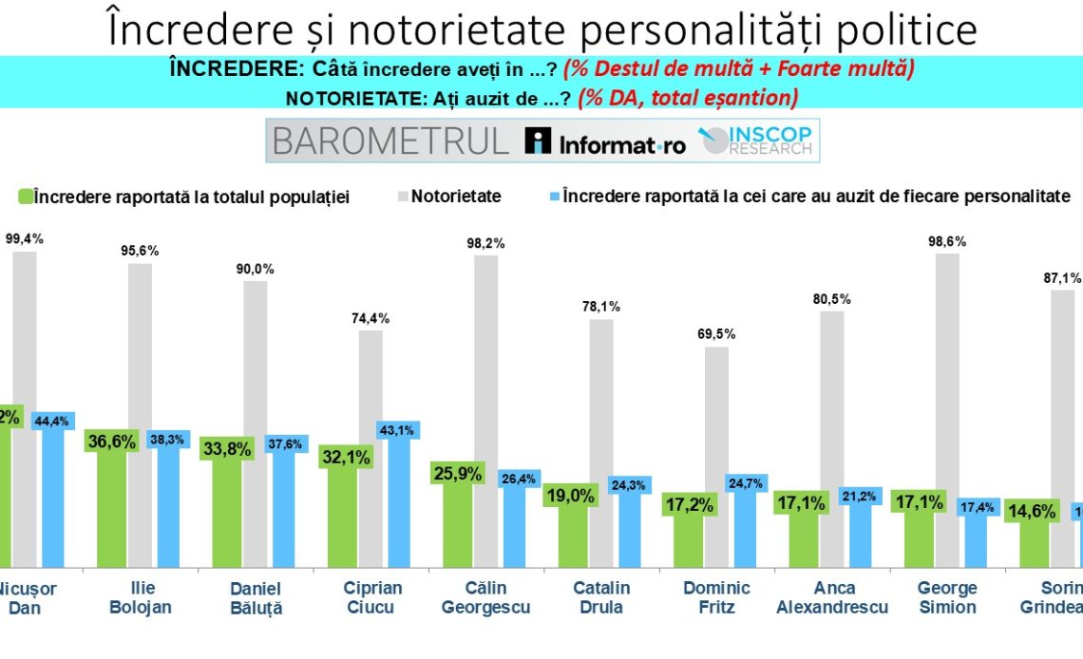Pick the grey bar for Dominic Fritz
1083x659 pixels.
[x=717, y=456]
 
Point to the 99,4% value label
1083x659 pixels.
[x=25, y=239]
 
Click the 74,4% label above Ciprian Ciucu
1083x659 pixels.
[x=370, y=318]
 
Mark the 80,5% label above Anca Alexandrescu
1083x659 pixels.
[x=832, y=299]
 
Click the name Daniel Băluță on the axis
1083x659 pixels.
[x=256, y=597]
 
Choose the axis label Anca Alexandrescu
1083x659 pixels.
[x=832, y=597]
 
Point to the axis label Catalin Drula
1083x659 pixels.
[x=601, y=597]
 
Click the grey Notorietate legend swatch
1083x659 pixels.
[x=402, y=196]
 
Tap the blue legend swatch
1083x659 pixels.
[x=553, y=196]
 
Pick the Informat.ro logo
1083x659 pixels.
[x=605, y=142]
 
